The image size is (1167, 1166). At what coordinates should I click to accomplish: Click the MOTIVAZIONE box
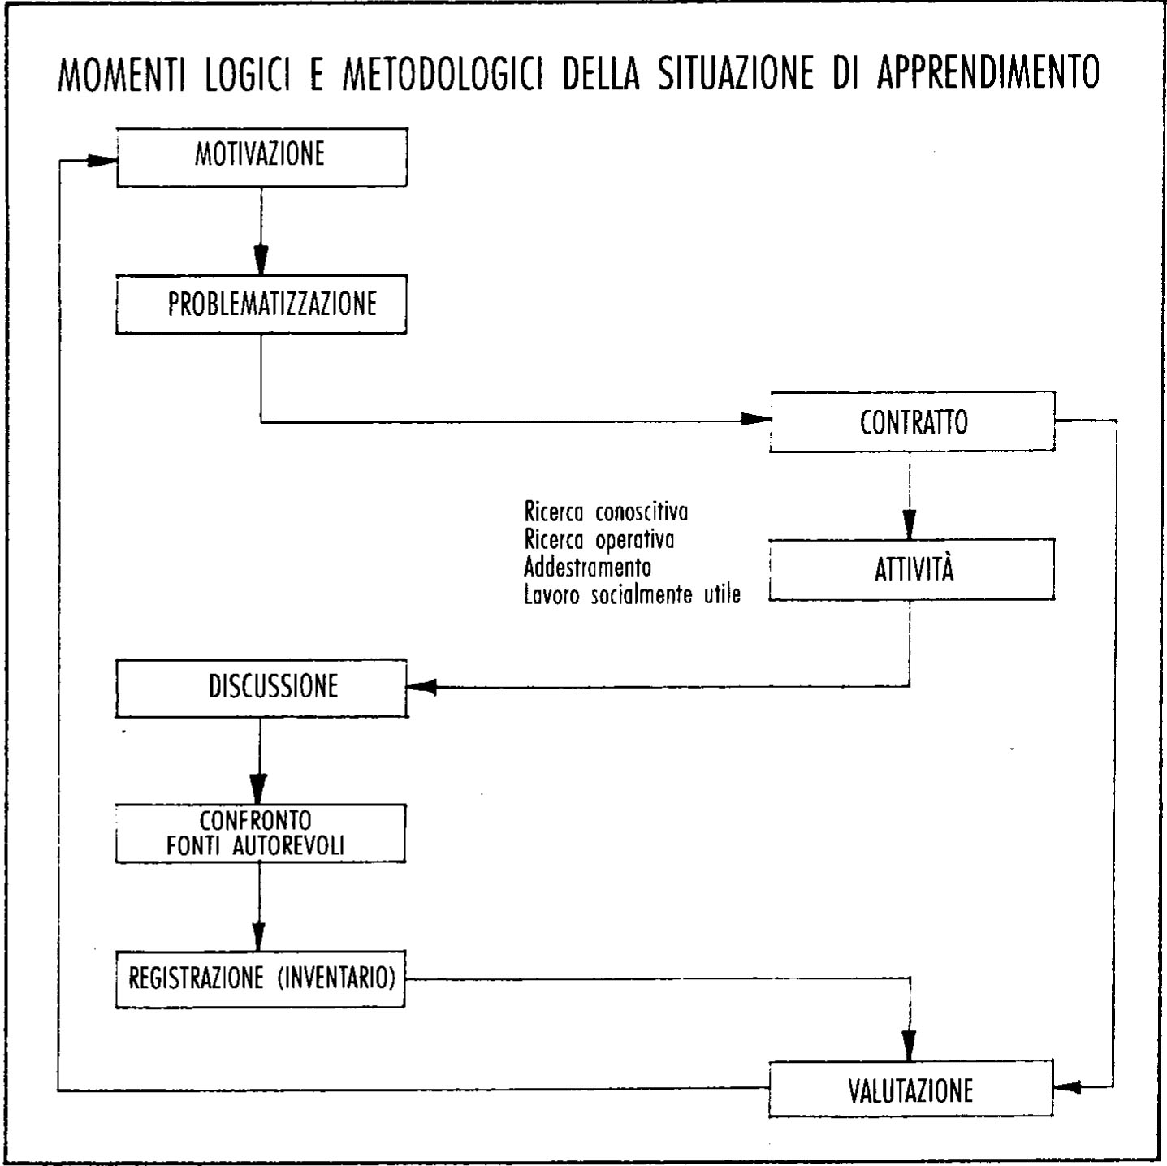261,157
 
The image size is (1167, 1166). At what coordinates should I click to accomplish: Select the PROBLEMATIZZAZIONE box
261,304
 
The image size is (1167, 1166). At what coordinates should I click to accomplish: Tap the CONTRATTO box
912,421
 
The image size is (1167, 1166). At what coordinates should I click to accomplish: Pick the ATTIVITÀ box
912,569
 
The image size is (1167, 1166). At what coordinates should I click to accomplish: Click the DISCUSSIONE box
261,688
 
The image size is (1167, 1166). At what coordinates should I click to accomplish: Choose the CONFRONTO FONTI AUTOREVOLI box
260,833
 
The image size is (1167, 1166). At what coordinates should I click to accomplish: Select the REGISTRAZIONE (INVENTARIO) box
260,978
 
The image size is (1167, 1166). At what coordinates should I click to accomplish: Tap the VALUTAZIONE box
910,1089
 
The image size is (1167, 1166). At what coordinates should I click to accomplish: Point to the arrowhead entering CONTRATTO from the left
755,420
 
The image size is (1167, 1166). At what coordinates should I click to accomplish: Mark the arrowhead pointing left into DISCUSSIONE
421,688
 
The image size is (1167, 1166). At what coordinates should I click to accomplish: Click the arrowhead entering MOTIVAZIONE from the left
102,161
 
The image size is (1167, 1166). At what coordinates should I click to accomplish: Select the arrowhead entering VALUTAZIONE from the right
1067,1086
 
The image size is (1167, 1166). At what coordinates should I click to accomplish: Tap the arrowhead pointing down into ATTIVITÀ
910,524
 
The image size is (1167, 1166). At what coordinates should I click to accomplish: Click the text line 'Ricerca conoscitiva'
606,512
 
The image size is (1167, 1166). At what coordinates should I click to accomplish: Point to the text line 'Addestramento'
587,566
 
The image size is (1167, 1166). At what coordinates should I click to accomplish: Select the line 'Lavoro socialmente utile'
632,594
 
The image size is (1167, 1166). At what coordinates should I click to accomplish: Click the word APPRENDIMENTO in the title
988,72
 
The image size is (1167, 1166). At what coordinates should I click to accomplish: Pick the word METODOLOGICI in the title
443,74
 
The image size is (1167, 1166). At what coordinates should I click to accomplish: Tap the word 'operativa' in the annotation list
634,539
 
